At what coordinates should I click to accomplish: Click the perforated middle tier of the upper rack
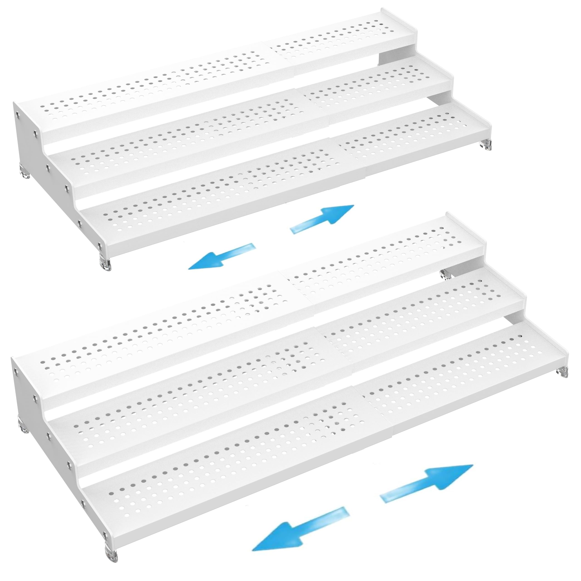pyautogui.click(x=211, y=141)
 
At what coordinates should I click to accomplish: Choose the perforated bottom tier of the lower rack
pyautogui.click(x=241, y=481)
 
